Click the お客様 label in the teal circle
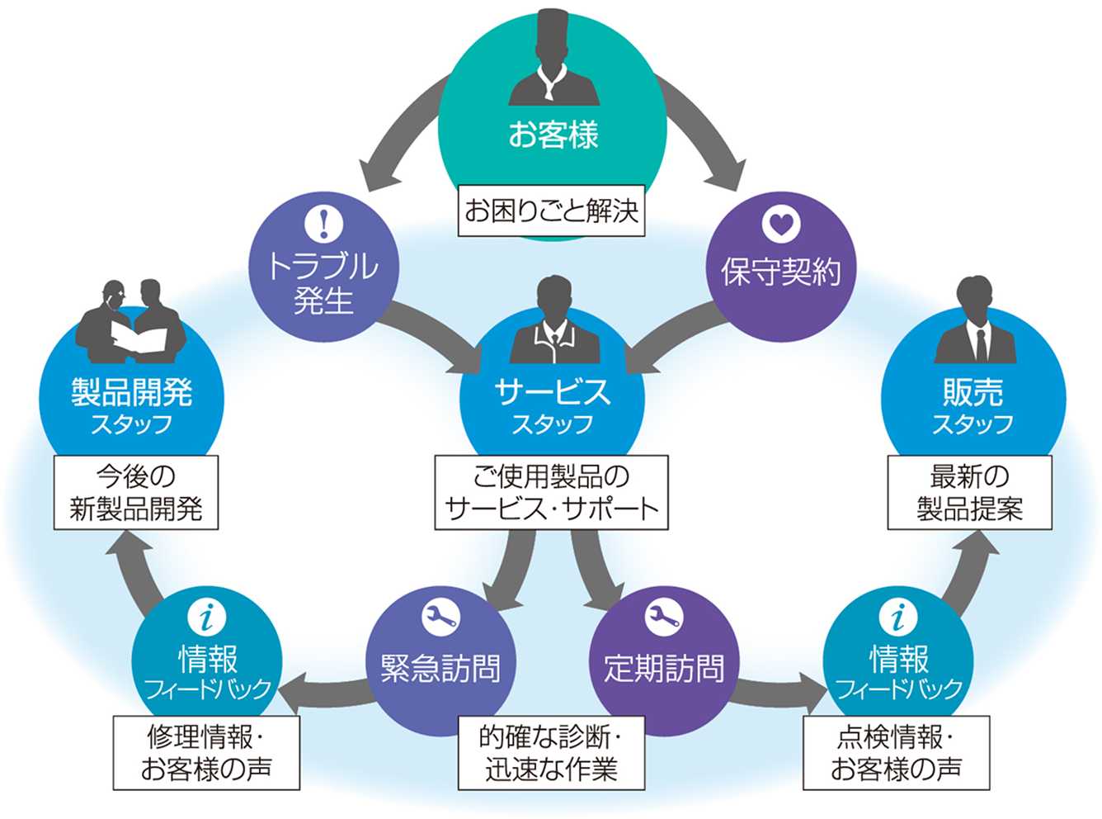553,134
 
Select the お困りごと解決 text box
551,211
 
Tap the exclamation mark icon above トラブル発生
323,223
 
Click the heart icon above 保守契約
780,224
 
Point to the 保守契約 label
780,272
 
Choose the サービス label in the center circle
553,392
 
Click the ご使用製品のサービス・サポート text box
551,492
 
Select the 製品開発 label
132,392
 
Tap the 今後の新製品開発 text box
136,492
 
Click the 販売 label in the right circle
973,392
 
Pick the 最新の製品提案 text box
969,492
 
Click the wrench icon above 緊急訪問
440,617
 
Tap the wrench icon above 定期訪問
663,617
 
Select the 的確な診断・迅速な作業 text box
551,753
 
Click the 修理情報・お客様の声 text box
206,753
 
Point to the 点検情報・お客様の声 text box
896,753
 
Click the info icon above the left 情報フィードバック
207,617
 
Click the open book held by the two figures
139,338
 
